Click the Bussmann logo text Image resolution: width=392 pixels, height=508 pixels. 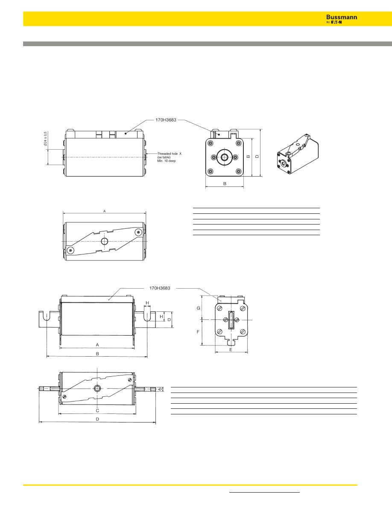pos(342,17)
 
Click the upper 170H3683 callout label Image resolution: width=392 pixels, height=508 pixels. pos(166,120)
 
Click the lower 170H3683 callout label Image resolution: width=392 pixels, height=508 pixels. pos(160,288)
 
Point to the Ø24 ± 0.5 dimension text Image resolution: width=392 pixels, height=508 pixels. pos(46,139)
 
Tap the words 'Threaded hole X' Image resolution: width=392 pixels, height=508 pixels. pos(170,154)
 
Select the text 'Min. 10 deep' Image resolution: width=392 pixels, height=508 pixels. pos(167,161)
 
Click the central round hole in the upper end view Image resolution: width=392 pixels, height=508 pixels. pos(225,157)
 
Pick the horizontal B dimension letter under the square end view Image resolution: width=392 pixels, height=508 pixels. pos(225,184)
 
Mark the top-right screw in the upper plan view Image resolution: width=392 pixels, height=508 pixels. pos(138,232)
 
